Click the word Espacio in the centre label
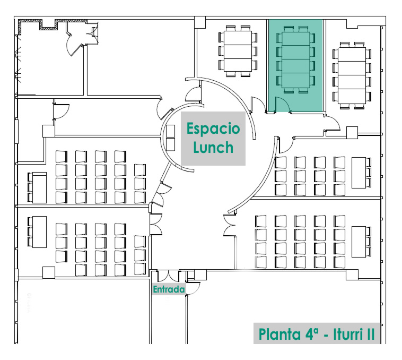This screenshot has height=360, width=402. coord(213,129)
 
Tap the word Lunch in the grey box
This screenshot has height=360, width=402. coord(213,147)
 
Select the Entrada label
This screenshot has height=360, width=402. coord(169,290)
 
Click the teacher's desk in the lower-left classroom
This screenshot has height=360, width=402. coord(39,232)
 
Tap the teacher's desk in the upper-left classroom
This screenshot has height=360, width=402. coord(39,186)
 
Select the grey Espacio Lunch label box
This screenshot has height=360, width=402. coord(213,139)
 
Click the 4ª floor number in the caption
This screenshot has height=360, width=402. coord(313,335)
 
